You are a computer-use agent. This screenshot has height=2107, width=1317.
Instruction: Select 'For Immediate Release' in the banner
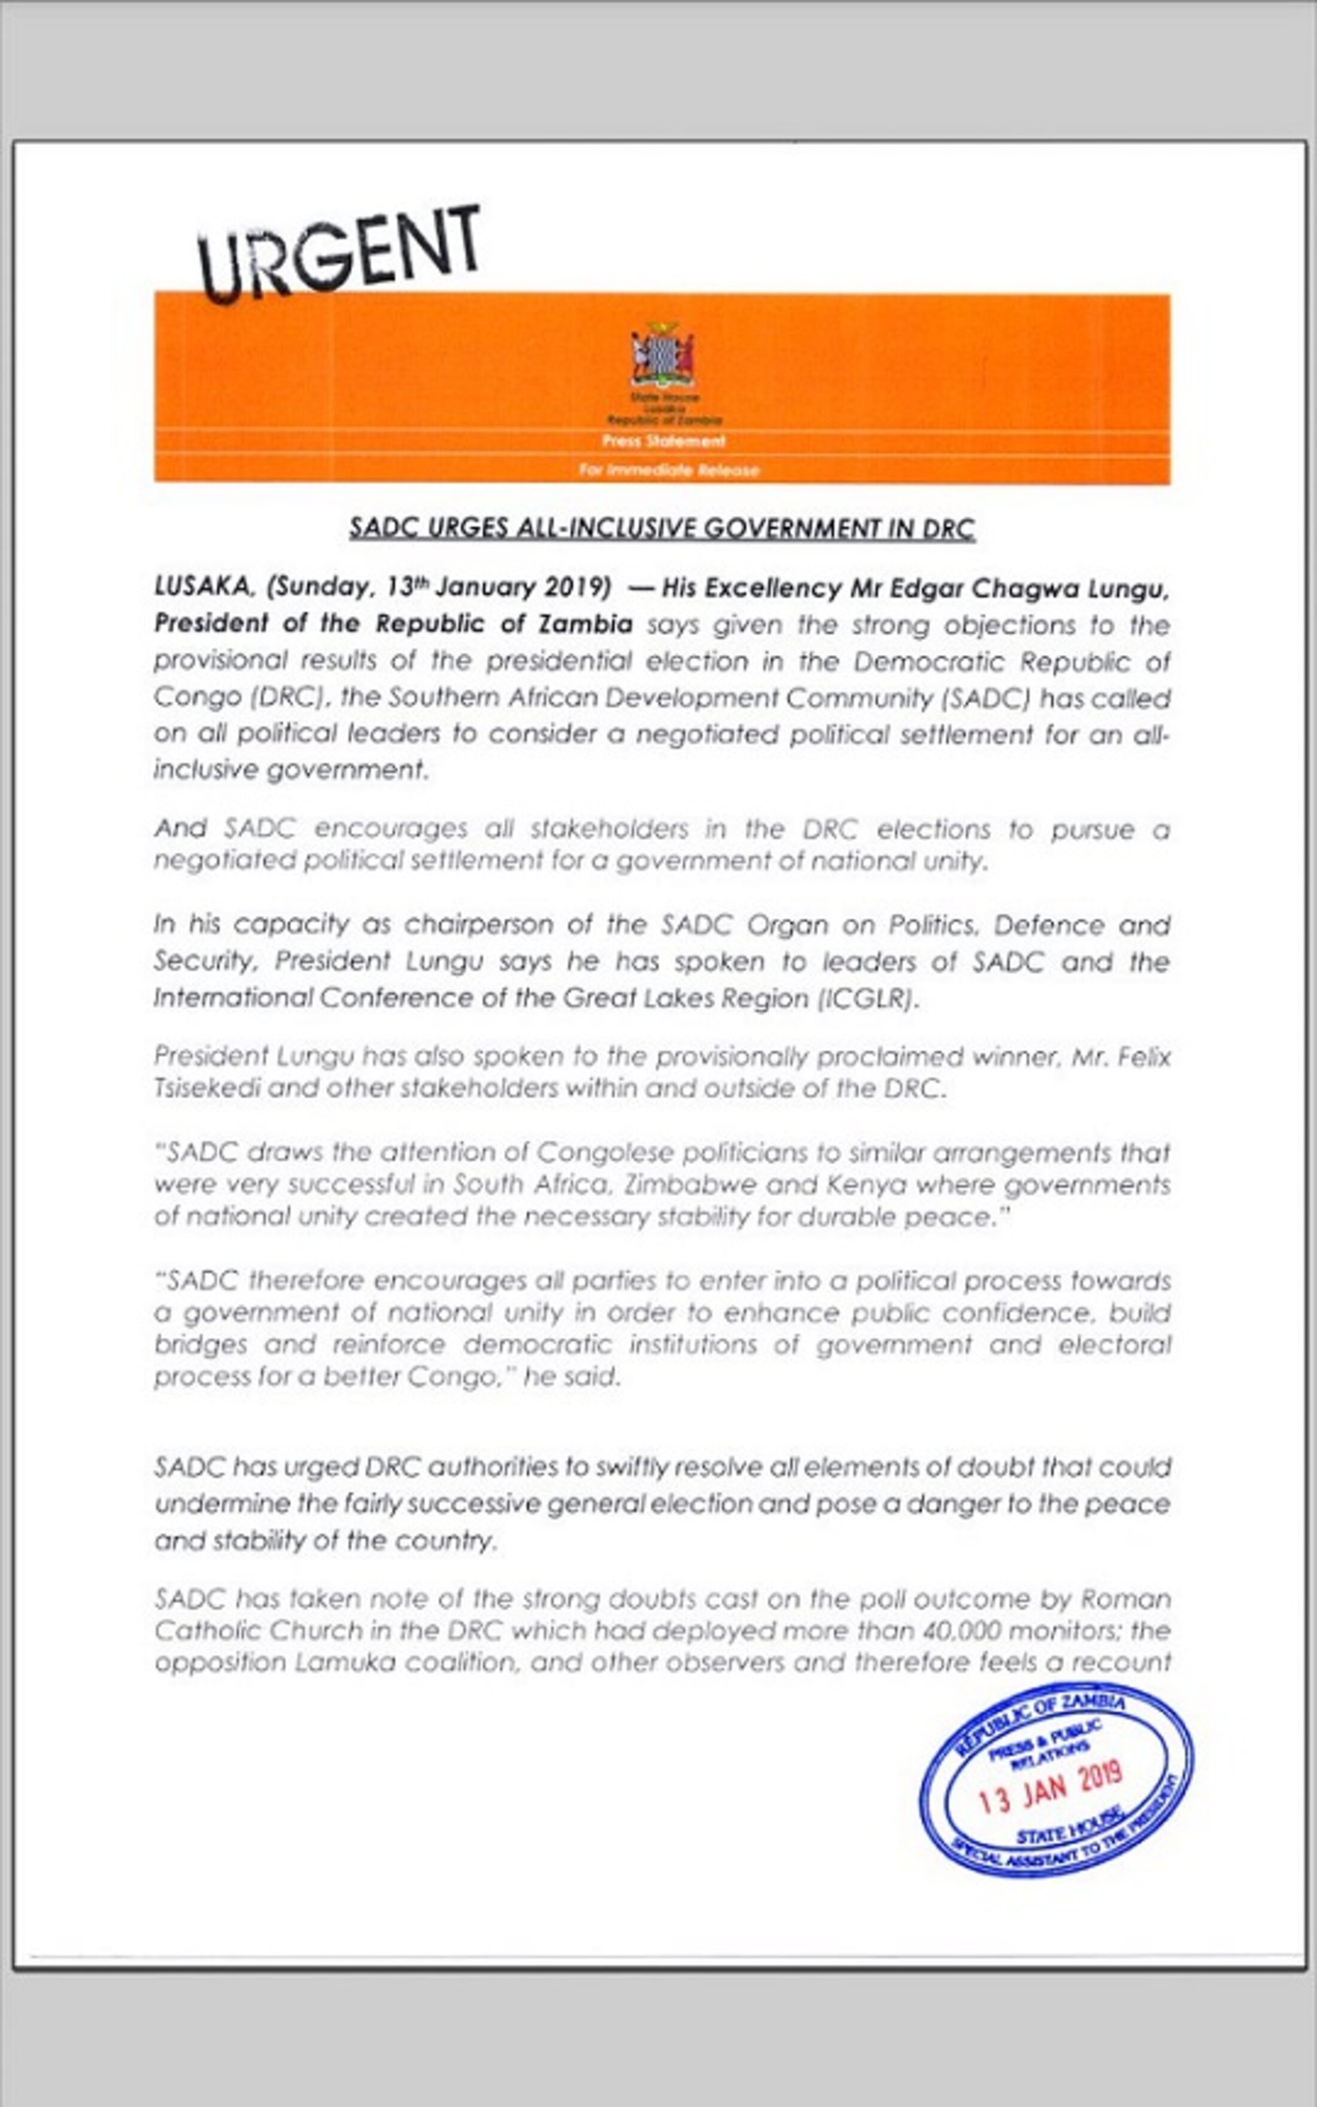(x=668, y=470)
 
